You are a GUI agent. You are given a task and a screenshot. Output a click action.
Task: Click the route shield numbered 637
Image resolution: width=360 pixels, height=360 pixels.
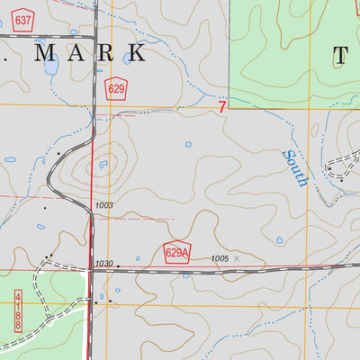coord(23,19)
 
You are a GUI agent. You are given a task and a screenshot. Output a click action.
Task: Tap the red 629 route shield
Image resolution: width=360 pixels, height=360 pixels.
coord(115,88)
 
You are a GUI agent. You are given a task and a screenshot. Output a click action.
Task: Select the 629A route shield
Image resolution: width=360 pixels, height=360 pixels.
coord(177,253)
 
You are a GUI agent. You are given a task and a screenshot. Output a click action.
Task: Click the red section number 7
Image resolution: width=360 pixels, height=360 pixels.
coord(221,106)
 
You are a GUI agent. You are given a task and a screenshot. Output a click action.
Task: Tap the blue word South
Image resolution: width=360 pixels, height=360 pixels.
coord(296,167)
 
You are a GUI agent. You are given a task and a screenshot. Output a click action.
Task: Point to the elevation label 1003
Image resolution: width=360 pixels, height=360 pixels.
coord(104,206)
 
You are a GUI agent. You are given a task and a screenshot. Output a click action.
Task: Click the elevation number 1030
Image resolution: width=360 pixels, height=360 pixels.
coord(103,264)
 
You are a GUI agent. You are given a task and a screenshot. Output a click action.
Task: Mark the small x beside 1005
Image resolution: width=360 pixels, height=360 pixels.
coord(238,258)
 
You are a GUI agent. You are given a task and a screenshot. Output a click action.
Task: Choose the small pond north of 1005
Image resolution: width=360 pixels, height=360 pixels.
coord(279,240)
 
